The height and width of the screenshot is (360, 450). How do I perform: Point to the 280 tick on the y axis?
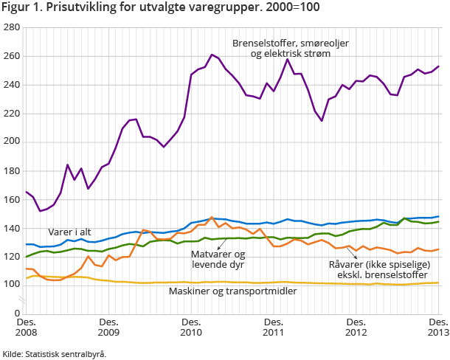click(11, 27)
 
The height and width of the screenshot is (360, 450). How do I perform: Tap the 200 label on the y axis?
click(11, 142)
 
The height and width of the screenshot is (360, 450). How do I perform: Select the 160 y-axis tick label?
click(11, 199)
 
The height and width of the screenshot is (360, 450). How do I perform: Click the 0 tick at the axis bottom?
click(16, 314)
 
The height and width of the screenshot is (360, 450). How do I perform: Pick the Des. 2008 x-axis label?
click(26, 328)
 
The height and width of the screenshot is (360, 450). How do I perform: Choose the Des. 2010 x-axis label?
click(191, 328)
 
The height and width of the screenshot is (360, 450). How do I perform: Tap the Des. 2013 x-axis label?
click(438, 328)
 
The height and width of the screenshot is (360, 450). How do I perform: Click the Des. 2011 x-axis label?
click(274, 328)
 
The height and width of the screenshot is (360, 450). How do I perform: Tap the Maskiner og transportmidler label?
click(233, 291)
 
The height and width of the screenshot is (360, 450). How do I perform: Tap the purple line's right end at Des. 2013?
click(439, 66)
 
